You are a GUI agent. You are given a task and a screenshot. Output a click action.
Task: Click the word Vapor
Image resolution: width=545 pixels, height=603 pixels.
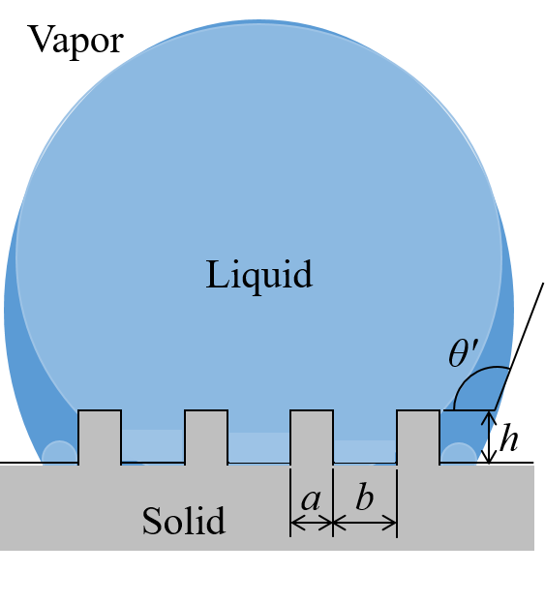point(76,41)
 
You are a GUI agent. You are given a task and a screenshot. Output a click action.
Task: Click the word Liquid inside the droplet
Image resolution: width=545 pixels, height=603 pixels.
point(259,275)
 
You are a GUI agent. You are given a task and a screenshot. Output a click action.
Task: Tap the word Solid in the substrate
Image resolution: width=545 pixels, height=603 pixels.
point(184,521)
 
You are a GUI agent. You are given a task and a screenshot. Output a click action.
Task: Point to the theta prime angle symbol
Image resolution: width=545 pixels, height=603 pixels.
point(463,352)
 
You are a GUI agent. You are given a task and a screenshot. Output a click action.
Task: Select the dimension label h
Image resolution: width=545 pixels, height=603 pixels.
point(508,437)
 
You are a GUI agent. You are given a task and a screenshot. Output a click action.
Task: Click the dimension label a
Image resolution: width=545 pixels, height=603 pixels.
point(311,500)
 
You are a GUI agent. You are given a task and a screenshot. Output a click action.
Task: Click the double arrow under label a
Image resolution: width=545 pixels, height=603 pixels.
point(312,523)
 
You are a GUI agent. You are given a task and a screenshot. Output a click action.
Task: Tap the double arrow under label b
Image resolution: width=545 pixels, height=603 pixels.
point(365,523)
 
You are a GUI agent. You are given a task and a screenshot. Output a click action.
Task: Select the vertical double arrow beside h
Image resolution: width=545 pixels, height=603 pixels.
point(489,437)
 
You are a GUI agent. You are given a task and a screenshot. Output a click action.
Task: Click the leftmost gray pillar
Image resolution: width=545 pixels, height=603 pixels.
point(100,437)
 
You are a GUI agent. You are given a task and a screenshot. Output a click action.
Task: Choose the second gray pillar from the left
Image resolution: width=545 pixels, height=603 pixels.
point(206,437)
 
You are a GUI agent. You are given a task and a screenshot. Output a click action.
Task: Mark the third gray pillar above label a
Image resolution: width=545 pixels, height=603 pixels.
point(312,437)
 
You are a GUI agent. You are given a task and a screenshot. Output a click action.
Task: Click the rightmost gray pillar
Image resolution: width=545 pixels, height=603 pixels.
point(418,437)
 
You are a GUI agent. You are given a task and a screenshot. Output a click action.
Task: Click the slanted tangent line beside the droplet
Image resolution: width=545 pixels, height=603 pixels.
point(519,347)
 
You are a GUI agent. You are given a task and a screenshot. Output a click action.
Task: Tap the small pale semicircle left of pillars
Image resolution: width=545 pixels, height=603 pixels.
point(59,454)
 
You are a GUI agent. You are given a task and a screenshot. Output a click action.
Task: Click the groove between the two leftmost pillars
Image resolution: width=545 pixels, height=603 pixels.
point(153,446)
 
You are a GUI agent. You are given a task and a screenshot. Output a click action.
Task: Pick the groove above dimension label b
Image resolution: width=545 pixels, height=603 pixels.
point(365,450)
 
